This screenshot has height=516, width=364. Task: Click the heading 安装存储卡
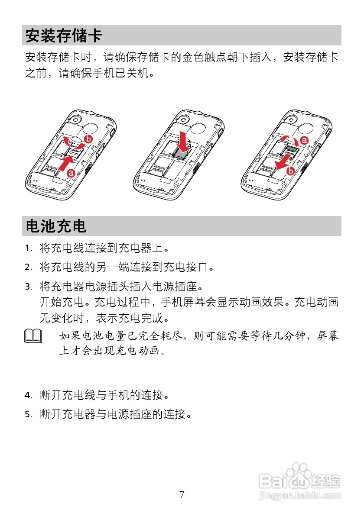tap(63, 35)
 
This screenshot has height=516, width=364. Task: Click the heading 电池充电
tap(56, 226)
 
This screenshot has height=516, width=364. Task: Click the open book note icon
tap(34, 336)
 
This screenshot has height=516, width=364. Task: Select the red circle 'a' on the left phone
tap(71, 173)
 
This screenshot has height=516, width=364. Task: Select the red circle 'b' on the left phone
tap(88, 139)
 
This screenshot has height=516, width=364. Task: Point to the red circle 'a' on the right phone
tap(304, 140)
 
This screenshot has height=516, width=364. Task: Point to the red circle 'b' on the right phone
tap(291, 171)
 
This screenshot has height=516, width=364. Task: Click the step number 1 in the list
tap(28, 249)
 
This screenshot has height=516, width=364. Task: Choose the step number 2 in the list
tap(28, 268)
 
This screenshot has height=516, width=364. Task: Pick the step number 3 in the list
tap(28, 287)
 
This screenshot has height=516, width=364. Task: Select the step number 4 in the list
tap(28, 396)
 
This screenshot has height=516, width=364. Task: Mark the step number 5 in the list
tap(28, 415)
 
